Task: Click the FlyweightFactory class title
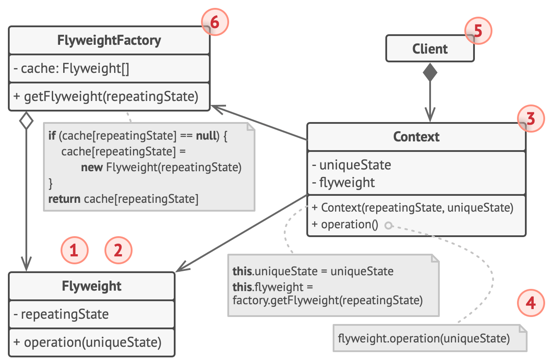coord(109,40)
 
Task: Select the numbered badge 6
coord(215,22)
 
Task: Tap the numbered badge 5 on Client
coord(478,31)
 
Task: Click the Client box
coord(430,48)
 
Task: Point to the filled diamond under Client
coord(430,72)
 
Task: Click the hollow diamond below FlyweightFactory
coord(26,120)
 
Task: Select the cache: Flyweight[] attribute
coord(72,68)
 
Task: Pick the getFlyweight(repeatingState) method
coord(106,97)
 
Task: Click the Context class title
coord(416,137)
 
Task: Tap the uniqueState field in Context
coord(352,165)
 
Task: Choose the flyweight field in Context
coord(343,183)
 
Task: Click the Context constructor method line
coord(413,208)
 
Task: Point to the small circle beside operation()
coord(388,225)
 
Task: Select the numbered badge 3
coord(531,119)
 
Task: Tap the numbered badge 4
coord(531,303)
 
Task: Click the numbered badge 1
coord(74,250)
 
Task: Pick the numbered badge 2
coord(118,250)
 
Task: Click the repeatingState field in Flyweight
coord(61,314)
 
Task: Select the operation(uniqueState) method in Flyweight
coord(87,342)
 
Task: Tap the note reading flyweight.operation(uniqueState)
coord(430,338)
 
